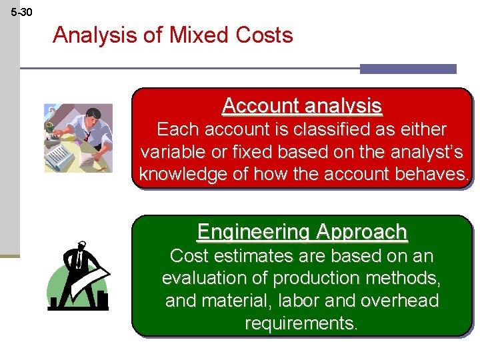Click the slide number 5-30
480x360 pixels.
pos(21,12)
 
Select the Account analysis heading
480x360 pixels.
pos(302,106)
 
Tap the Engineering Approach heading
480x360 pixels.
pos(302,232)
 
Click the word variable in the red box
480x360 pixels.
pos(174,151)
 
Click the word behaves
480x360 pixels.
pos(433,175)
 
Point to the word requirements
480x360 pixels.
pos(302,324)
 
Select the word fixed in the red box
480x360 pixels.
pos(261,151)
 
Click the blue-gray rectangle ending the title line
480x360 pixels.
pos(408,69)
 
